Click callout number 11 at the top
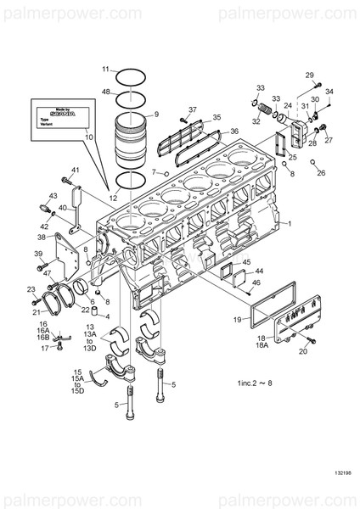tap(106, 69)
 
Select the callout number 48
tap(106, 91)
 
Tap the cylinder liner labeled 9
tap(135, 136)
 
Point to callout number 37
tap(193, 109)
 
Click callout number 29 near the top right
tap(310, 75)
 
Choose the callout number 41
tap(75, 170)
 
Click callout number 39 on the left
tap(38, 254)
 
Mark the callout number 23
tap(31, 290)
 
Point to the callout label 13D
tap(89, 348)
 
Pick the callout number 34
tap(329, 91)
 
